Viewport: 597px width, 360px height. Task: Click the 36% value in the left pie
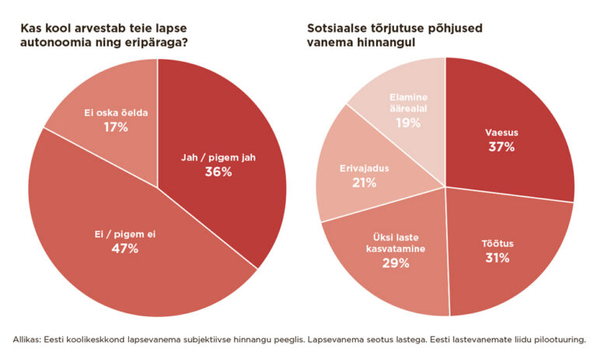click(218, 172)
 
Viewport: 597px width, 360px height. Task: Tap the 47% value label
click(124, 248)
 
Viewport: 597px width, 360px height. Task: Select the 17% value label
click(115, 126)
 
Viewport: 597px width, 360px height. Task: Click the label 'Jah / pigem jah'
click(218, 157)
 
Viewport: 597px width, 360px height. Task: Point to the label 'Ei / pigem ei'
click(124, 233)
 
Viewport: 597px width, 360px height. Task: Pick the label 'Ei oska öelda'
click(115, 113)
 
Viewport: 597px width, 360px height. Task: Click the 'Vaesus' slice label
click(501, 133)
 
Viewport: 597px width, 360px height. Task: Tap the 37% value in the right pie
click(501, 147)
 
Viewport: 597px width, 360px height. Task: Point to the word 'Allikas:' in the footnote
click(30, 340)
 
